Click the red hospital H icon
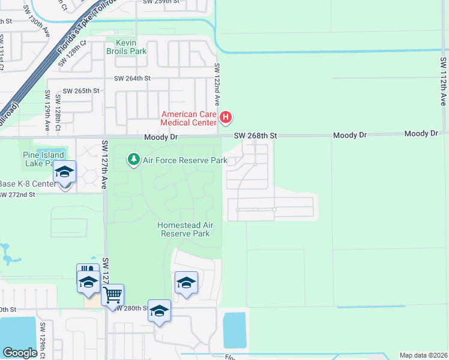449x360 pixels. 226,118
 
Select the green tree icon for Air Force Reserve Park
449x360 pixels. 133,160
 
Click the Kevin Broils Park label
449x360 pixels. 127,47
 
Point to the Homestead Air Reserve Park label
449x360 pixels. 185,229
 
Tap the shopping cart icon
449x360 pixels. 112,295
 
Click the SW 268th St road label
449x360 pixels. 255,136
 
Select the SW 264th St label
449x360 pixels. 132,79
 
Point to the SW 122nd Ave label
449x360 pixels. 217,85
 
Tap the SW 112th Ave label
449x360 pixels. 443,82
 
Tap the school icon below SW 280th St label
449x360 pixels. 159,311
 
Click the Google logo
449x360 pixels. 20,353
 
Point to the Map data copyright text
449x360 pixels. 423,355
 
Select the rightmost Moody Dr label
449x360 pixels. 423,133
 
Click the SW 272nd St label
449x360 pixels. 18,195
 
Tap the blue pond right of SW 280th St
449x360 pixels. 235,330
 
